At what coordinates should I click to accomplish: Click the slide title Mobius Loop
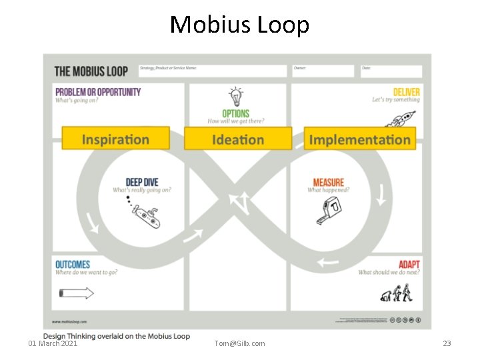pos(239,25)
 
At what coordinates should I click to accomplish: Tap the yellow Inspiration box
pos(115,139)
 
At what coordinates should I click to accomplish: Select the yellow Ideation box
pos(238,139)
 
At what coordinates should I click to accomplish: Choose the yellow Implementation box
pos(360,139)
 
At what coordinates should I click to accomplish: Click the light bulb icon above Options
pos(235,95)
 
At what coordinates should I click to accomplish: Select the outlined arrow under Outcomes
pos(77,293)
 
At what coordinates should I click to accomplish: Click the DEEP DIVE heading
pos(142,182)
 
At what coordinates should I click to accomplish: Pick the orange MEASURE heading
pos(328,182)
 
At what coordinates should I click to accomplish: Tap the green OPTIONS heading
pos(236,113)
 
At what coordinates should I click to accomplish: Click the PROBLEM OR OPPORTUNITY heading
pos(98,92)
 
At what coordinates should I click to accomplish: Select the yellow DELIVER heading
pos(406,92)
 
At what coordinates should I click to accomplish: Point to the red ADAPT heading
pos(409,265)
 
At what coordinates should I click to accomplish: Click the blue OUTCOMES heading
pos(73,265)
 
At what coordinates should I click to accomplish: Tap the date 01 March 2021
pos(53,343)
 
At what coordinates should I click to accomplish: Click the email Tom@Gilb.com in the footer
pos(239,343)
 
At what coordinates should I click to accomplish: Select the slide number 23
pos(447,343)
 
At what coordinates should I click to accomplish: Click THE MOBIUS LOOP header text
pos(91,71)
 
